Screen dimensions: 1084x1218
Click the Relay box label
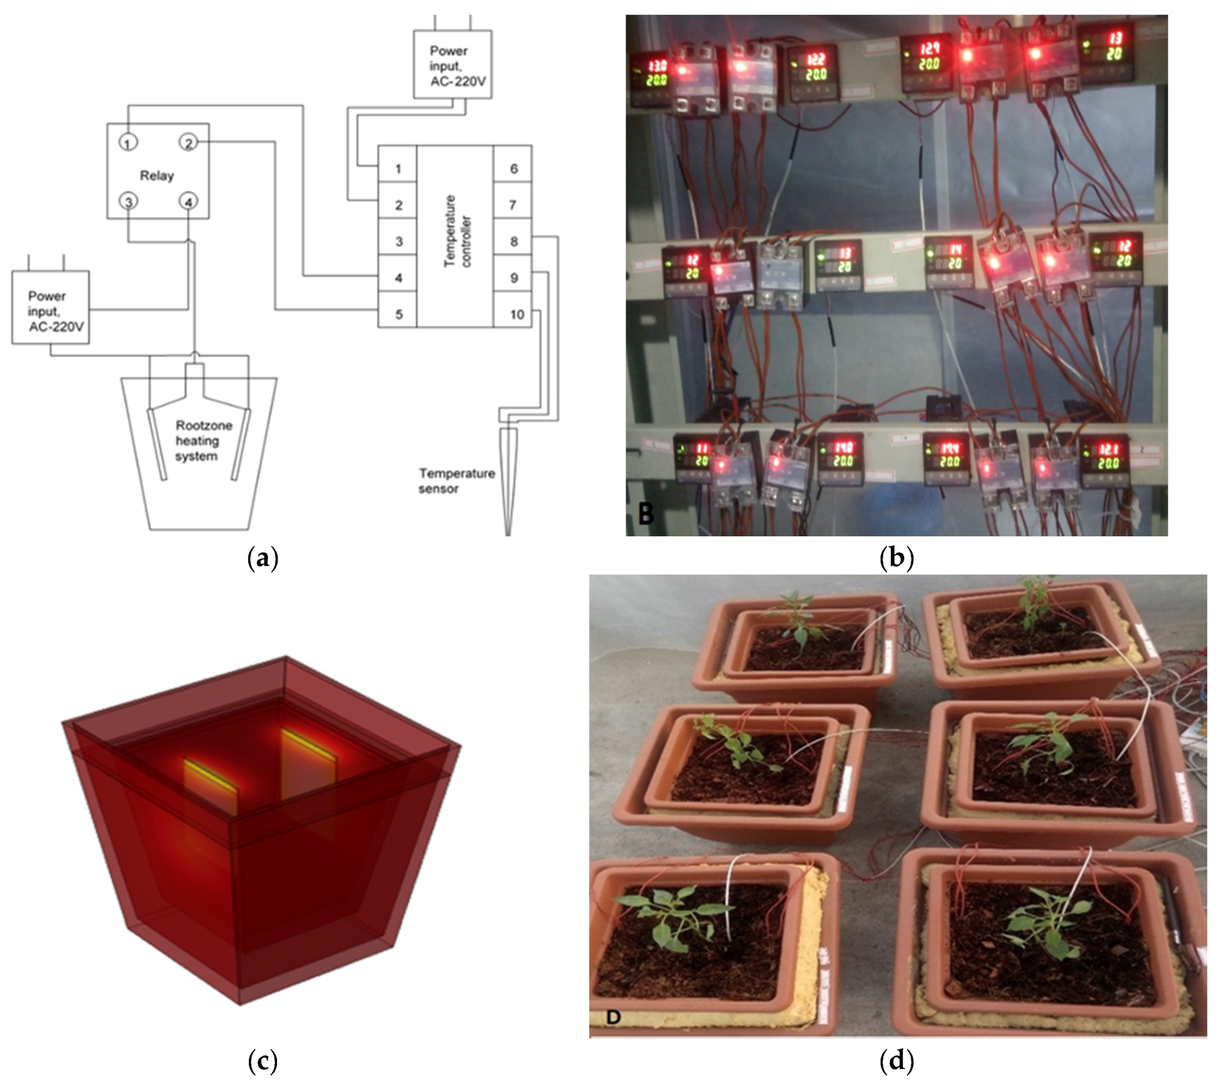(x=157, y=176)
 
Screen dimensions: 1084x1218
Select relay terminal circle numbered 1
(x=128, y=143)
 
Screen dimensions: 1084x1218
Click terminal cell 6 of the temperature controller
(x=513, y=169)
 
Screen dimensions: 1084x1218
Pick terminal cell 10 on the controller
(x=516, y=314)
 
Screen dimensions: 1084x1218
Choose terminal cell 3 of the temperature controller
(x=398, y=241)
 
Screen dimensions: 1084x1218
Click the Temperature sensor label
(x=456, y=481)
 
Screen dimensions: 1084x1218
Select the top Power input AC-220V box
(x=452, y=65)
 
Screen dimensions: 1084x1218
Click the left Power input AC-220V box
(x=51, y=307)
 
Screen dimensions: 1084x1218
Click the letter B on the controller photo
(x=646, y=513)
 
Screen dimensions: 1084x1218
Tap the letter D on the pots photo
(x=613, y=1016)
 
